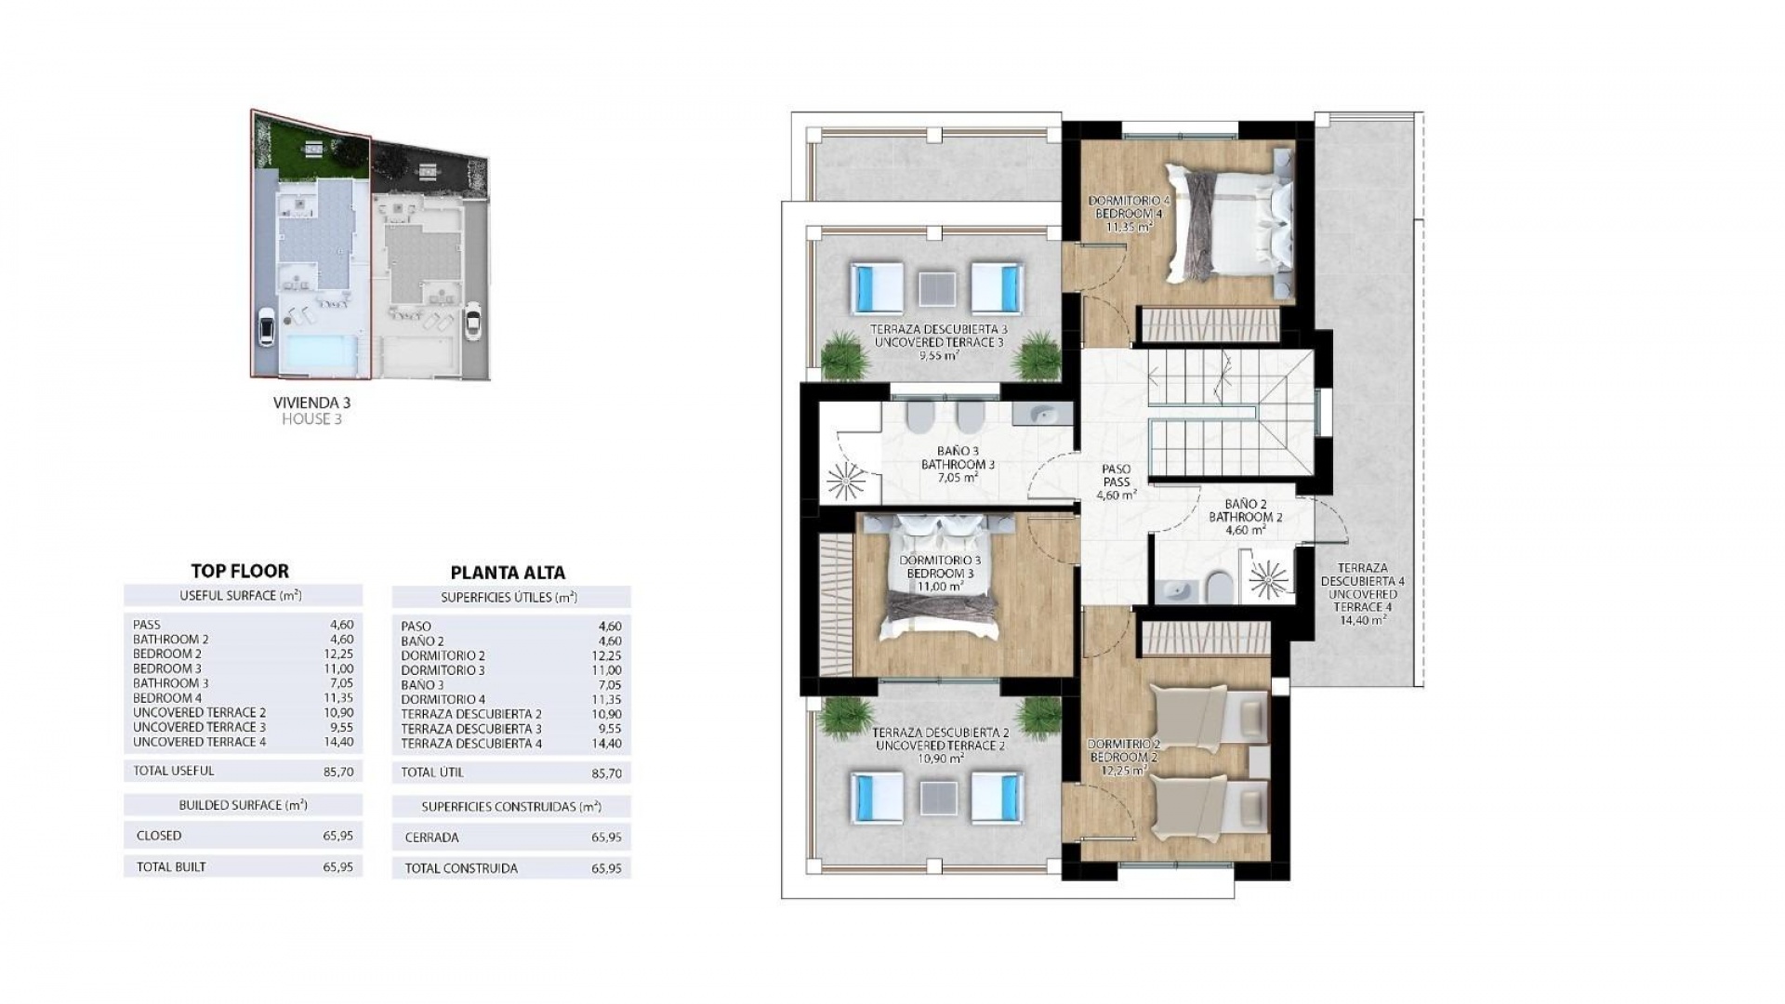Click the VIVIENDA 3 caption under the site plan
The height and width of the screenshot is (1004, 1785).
[311, 403]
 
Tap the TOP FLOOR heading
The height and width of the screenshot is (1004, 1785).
[240, 572]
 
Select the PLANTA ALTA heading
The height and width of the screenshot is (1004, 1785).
[508, 573]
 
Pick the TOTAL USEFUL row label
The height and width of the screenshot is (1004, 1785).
[174, 771]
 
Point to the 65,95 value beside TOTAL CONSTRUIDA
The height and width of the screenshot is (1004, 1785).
[605, 868]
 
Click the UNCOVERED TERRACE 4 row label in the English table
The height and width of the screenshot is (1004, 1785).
[199, 742]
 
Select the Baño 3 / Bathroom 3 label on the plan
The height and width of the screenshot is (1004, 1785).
[959, 464]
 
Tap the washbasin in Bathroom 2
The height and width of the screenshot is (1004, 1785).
[1177, 588]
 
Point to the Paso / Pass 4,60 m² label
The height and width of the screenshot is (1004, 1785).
[1116, 482]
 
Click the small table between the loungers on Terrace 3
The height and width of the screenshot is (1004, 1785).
[937, 287]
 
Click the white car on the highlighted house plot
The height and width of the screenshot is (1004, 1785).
[266, 326]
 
